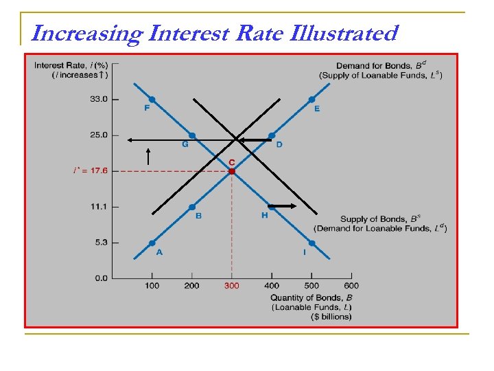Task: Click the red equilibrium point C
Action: (232, 171)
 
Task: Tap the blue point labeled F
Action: (152, 100)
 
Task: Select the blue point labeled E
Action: (311, 100)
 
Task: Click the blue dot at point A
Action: (152, 243)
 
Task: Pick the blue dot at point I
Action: (311, 243)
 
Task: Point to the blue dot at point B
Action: (191, 207)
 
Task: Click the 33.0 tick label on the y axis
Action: (98, 100)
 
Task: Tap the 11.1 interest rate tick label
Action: (98, 207)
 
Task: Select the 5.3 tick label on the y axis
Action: (100, 243)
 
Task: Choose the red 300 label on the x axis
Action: (231, 286)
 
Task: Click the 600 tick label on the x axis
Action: (351, 286)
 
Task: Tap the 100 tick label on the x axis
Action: (152, 286)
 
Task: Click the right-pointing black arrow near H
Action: (282, 206)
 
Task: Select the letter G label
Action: (185, 144)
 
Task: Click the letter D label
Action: (279, 144)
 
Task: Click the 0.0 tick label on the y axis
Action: (100, 278)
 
